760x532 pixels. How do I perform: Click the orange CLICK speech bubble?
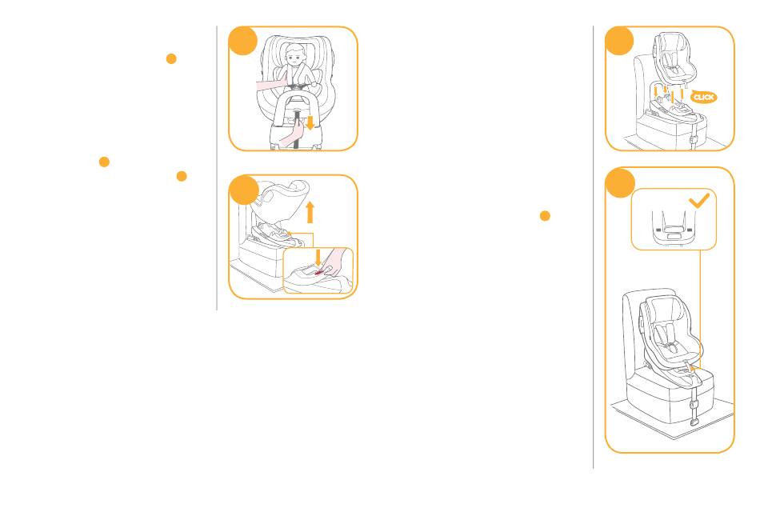pyautogui.click(x=703, y=97)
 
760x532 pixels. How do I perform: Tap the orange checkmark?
pyautogui.click(x=699, y=200)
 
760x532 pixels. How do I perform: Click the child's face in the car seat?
pyautogui.click(x=294, y=57)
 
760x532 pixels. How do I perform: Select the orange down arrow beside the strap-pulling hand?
pyautogui.click(x=310, y=122)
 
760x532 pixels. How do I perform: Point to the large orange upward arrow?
pyautogui.click(x=310, y=212)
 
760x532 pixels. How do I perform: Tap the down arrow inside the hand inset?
pyautogui.click(x=318, y=258)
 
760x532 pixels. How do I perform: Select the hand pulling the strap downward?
pyautogui.click(x=292, y=134)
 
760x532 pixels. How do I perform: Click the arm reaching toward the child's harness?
pyautogui.click(x=271, y=86)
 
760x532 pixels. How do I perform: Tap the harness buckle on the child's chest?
pyautogui.click(x=297, y=86)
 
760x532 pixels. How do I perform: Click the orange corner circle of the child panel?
pyautogui.click(x=243, y=41)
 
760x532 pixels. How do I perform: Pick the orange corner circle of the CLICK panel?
pyautogui.click(x=619, y=41)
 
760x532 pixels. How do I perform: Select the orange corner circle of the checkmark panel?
pyautogui.click(x=620, y=182)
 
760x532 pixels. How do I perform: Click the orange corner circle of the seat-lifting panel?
pyautogui.click(x=244, y=190)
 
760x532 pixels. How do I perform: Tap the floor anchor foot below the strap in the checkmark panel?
pyautogui.click(x=694, y=422)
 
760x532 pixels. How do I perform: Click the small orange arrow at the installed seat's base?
pyautogui.click(x=692, y=368)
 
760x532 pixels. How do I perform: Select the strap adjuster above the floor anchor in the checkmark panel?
pyautogui.click(x=694, y=403)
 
